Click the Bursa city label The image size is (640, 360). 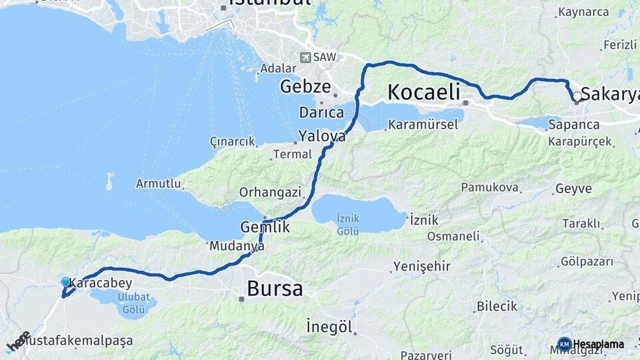tap(275, 289)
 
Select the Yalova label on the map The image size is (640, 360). tap(322, 136)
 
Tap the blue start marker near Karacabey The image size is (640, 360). tap(65, 283)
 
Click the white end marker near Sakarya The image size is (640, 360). tap(577, 97)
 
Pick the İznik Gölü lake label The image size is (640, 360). tap(348, 224)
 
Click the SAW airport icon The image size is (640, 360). tap(306, 57)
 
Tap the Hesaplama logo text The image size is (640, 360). tap(598, 344)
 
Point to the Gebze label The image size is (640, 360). tap(305, 87)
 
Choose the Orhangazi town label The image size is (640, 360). tap(271, 193)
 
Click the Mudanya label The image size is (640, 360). tap(237, 246)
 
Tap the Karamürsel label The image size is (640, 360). tap(423, 125)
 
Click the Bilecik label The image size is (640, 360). tap(497, 307)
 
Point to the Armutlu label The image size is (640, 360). tap(158, 183)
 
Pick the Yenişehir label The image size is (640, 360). tap(422, 267)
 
